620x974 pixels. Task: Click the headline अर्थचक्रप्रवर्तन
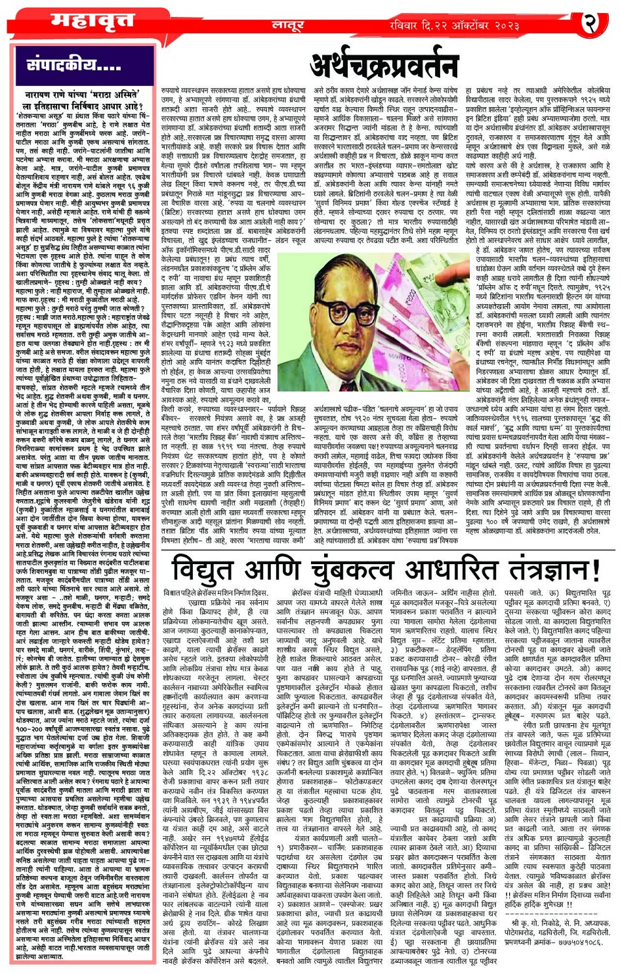coord(384,65)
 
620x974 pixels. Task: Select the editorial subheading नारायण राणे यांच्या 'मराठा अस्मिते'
coord(80,95)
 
